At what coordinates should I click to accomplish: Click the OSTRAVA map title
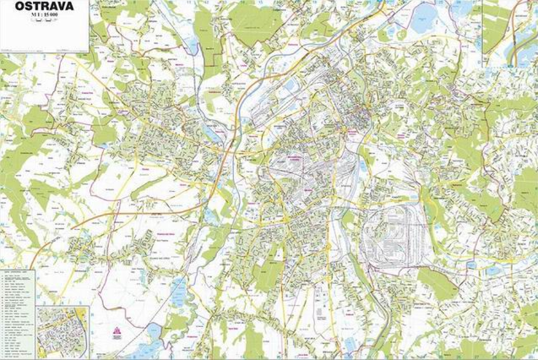pyautogui.click(x=44, y=6)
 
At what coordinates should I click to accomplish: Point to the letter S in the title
pyautogui.click(x=28, y=6)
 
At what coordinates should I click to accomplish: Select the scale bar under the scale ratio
pyautogui.click(x=44, y=25)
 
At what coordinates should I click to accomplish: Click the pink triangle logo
pyautogui.click(x=117, y=332)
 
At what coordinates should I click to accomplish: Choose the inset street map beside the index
pyautogui.click(x=62, y=331)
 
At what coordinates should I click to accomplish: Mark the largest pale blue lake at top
pyautogui.click(x=423, y=18)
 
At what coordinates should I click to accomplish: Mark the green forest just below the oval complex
pyautogui.click(x=437, y=284)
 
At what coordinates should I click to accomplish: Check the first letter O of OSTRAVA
pyautogui.click(x=19, y=6)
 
